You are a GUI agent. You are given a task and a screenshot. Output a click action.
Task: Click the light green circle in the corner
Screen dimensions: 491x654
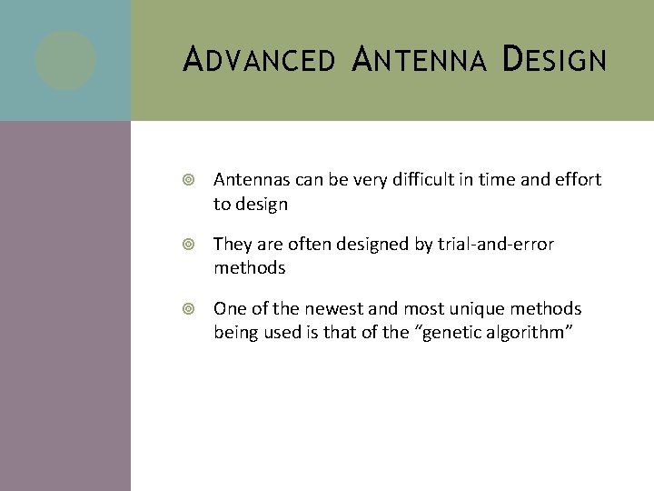[x=65, y=60]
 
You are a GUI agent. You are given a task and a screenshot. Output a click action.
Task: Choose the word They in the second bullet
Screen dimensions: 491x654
[x=232, y=245]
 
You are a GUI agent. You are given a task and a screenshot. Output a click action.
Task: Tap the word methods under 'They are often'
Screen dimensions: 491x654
[x=250, y=269]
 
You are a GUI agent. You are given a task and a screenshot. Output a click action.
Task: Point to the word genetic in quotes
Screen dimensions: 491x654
[x=451, y=334]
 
